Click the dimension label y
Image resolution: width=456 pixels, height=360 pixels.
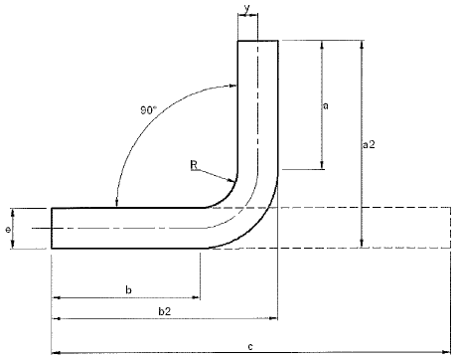pos(247,9)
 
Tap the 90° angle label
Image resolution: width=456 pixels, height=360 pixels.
pos(148,110)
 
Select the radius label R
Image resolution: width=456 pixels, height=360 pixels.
pos(194,165)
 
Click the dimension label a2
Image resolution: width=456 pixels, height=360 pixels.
pos(370,144)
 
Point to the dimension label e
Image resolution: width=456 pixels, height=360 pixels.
pos(8,229)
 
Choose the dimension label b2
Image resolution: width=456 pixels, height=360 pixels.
pos(165,311)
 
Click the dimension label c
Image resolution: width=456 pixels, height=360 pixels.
pos(250,347)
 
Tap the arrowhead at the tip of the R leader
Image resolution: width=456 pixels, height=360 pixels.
pos(233,180)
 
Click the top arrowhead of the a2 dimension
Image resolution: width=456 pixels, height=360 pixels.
pos(362,45)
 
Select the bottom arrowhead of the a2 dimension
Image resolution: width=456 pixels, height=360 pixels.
pos(362,243)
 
